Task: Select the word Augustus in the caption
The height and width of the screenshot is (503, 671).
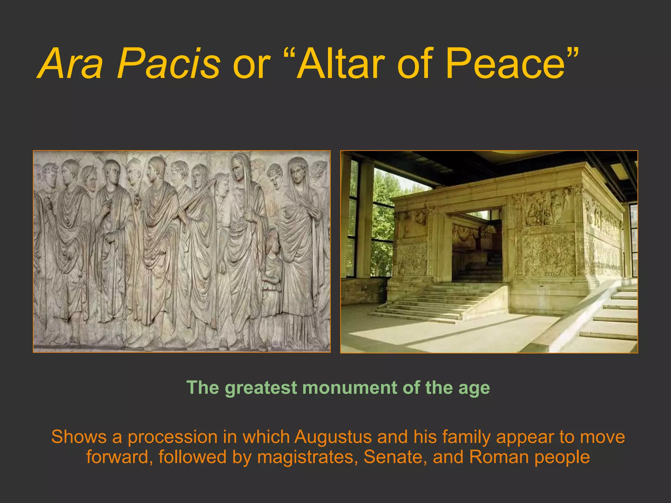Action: point(333,437)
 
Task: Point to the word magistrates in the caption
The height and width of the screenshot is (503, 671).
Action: point(307,457)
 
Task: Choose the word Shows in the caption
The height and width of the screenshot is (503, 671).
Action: point(79,437)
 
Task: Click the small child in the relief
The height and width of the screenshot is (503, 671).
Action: point(272,265)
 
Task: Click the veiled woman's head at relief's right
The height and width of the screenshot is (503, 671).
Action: point(298,170)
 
